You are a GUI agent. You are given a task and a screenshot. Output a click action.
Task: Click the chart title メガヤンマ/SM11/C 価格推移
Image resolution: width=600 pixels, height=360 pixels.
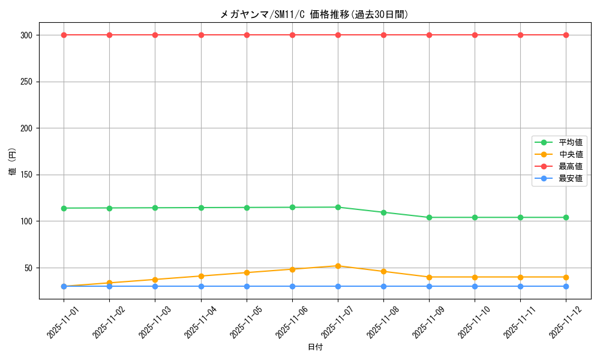(314, 14)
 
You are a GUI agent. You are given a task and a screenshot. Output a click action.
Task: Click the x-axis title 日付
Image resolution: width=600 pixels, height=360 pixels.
(315, 347)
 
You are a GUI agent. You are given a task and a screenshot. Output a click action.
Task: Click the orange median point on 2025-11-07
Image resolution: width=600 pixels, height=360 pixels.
(338, 266)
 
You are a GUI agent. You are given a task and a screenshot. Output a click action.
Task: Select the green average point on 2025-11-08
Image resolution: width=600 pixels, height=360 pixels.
(383, 212)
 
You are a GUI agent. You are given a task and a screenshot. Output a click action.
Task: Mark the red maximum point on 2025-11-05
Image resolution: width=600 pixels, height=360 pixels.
(247, 35)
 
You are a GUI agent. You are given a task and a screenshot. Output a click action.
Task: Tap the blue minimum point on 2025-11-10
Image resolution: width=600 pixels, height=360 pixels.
(475, 286)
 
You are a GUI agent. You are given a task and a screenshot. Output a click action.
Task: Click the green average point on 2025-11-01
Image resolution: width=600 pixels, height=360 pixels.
(64, 208)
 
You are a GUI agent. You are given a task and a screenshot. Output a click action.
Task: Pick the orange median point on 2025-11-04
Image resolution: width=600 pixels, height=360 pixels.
(201, 276)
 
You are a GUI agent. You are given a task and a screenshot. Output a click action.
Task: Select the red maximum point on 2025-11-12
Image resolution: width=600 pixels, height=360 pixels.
(566, 35)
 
